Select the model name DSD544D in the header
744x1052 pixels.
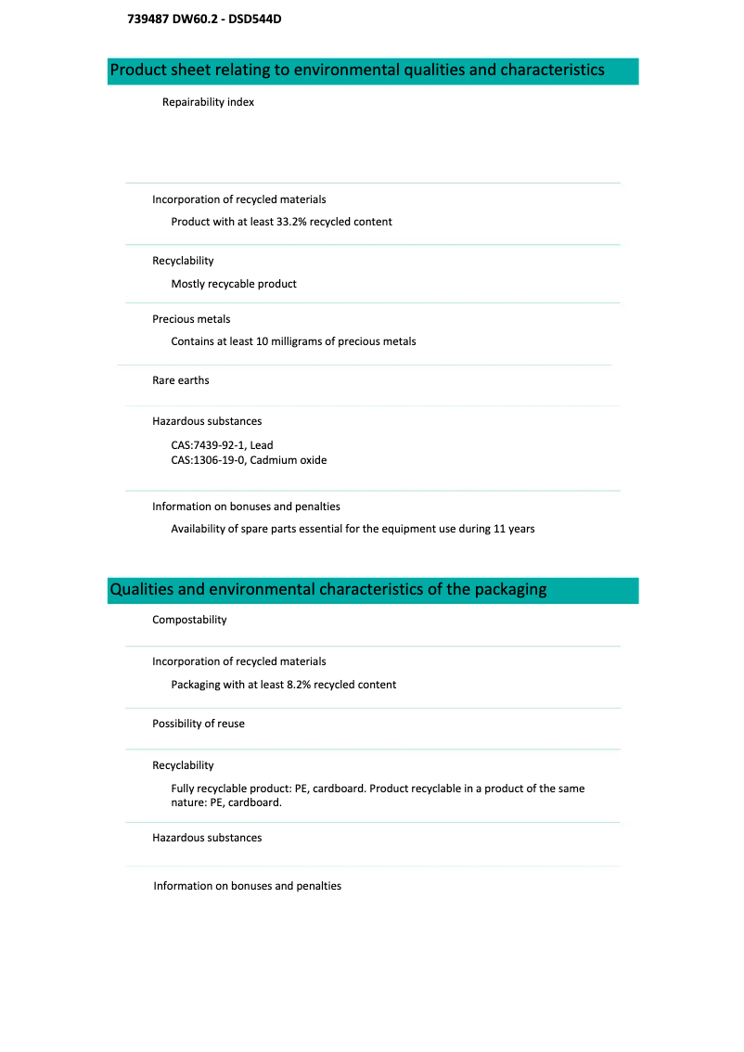[x=255, y=18]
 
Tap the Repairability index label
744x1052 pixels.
[x=208, y=102]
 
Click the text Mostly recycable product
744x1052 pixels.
[x=234, y=284]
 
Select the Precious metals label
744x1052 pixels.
[x=191, y=319]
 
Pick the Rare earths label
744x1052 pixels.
[x=181, y=380]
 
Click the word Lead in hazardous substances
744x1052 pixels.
[x=262, y=445]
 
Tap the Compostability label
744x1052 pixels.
[x=189, y=620]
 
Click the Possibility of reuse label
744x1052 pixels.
[x=199, y=724]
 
